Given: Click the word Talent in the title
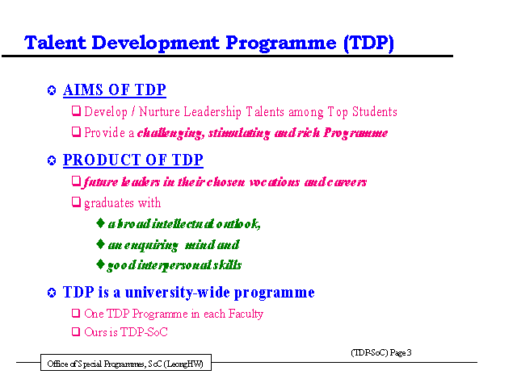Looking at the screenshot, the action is point(55,43).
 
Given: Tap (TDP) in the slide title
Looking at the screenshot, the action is point(368,44).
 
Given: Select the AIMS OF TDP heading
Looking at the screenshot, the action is point(115,90).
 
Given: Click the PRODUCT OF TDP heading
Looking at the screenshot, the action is point(132,160).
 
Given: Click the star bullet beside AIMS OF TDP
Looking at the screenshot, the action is point(52,90).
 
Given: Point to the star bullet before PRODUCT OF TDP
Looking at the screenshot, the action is point(52,160).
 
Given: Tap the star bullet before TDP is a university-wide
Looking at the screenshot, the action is point(52,293).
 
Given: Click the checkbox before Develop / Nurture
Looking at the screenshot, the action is point(76,111).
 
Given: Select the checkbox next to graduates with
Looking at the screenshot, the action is point(76,202).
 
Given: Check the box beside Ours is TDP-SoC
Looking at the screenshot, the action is point(76,331).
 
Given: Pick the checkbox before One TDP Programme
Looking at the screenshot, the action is point(76,313).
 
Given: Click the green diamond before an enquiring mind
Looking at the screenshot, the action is point(100,244).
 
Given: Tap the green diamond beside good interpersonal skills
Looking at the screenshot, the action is point(100,264).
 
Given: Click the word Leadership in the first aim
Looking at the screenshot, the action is point(212,112).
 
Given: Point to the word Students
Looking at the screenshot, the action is point(375,111).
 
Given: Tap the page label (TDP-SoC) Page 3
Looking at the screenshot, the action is point(381,353).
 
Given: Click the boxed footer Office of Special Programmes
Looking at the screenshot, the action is point(126,363).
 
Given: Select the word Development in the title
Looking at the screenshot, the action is point(155,44).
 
